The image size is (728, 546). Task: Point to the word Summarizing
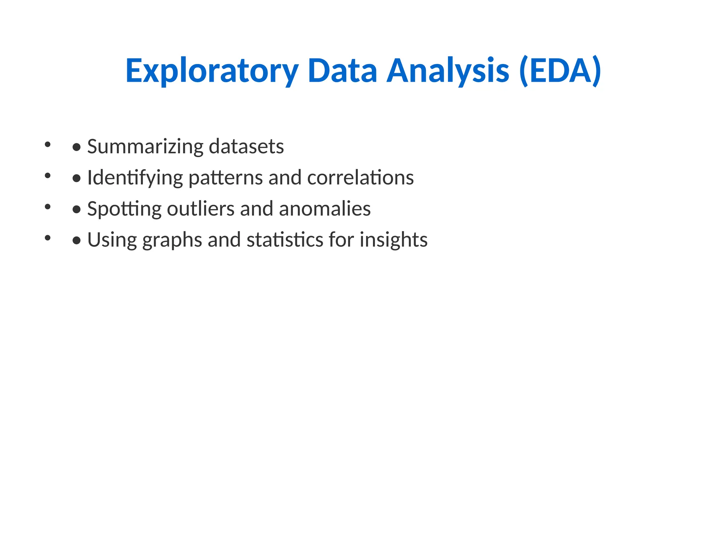tap(145, 146)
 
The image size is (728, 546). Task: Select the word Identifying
tap(135, 178)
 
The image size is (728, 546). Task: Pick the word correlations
tap(360, 178)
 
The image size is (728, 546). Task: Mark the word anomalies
tap(325, 209)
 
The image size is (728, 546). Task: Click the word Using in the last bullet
tap(112, 240)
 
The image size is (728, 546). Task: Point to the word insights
tap(394, 240)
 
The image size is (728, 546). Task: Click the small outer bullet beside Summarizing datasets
tap(48, 144)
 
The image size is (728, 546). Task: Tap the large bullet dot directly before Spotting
tap(76, 210)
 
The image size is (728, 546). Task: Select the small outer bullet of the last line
tap(48, 238)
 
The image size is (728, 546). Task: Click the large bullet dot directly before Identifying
tap(76, 178)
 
